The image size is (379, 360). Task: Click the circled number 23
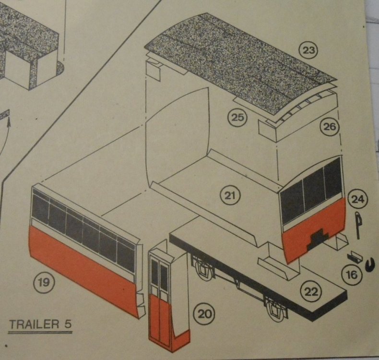[308, 50]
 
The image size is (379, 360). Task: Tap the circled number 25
[238, 118]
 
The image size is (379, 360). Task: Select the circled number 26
[330, 126]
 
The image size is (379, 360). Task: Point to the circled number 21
[230, 195]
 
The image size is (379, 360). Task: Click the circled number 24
[357, 200]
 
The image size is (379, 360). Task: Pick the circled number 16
[352, 275]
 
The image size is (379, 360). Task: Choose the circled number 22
[311, 292]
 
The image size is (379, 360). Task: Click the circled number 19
[44, 282]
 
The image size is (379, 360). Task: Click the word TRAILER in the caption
[35, 324]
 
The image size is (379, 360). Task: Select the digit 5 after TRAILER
[68, 324]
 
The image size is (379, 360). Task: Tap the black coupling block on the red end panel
[317, 239]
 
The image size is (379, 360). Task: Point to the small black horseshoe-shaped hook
[370, 265]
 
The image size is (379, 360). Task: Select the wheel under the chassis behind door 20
[202, 269]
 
